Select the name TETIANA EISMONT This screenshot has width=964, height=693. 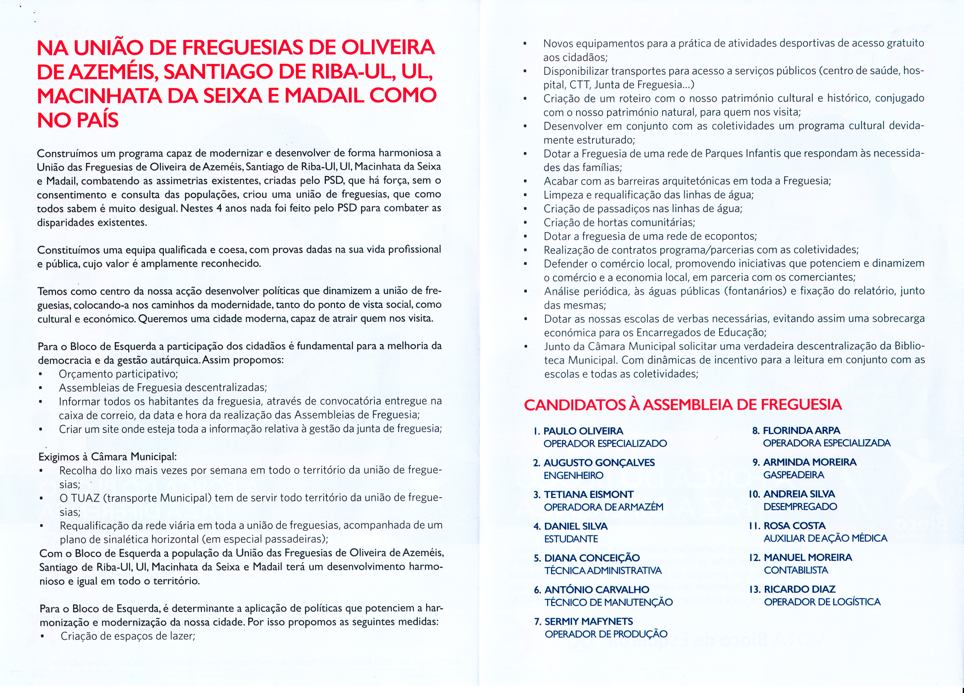(589, 494)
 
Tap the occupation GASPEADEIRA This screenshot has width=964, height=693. (794, 475)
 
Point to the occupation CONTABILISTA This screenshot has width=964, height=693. (796, 570)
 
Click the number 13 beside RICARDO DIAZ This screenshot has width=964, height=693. (754, 589)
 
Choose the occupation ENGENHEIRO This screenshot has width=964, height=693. (573, 475)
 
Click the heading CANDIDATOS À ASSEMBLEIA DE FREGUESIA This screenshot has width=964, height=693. (683, 404)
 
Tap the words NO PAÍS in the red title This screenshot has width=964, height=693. (78, 120)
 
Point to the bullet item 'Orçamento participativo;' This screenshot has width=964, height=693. (118, 374)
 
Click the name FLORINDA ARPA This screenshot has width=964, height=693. (802, 430)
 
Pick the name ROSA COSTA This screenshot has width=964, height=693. (794, 526)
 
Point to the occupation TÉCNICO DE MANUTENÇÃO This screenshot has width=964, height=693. (609, 602)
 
